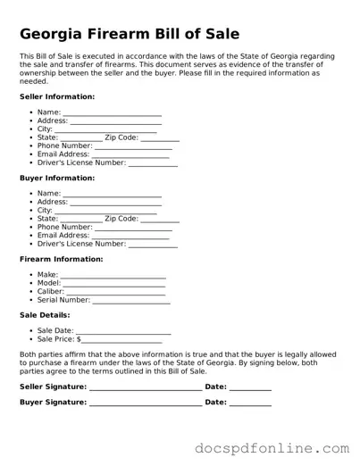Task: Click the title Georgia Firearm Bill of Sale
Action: (130, 35)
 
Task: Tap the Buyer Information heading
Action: (57, 178)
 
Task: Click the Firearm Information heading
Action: (61, 259)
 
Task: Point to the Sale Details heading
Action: (45, 315)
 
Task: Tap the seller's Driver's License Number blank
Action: (153, 164)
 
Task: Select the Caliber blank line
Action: (115, 293)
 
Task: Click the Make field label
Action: (47, 275)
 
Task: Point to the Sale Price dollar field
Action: (121, 340)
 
